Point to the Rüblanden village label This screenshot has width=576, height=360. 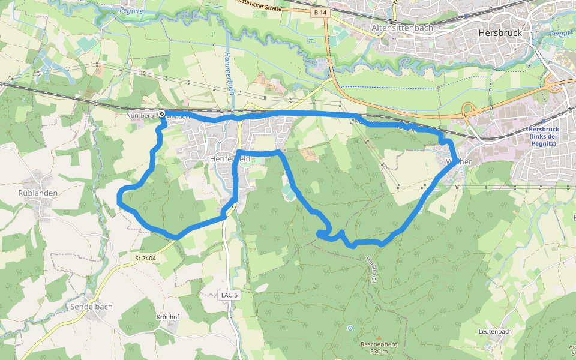[x=38, y=193]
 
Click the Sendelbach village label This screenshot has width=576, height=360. [x=92, y=307]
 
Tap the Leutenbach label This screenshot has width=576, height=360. [x=495, y=332]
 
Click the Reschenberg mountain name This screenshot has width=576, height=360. [x=379, y=344]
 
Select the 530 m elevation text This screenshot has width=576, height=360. [x=380, y=352]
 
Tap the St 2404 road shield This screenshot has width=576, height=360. [x=145, y=258]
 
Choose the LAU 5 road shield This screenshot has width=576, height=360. [x=229, y=295]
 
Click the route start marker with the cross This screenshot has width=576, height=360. [x=161, y=113]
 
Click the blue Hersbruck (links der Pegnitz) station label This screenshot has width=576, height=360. [x=544, y=136]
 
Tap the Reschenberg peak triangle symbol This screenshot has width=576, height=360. [x=379, y=337]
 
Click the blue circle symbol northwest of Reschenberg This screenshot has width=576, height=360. [x=350, y=328]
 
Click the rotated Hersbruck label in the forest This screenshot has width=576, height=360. [x=371, y=270]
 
